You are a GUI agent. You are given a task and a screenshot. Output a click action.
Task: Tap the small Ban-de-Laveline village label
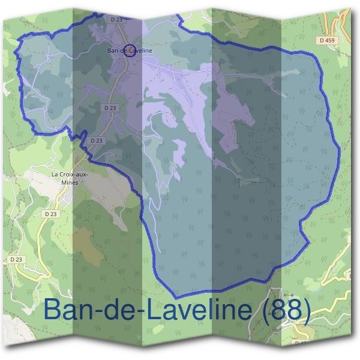129,50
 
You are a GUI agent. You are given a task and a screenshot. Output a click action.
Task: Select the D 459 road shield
327,40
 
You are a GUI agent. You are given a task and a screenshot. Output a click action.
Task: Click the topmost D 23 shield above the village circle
116,20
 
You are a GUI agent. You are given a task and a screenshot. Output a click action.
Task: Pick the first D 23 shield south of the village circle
109,107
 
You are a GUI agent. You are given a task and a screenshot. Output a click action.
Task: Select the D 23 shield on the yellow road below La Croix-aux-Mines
50,214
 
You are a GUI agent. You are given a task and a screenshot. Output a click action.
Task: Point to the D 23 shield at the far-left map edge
16,259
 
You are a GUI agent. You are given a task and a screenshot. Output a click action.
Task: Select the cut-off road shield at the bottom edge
301,343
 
